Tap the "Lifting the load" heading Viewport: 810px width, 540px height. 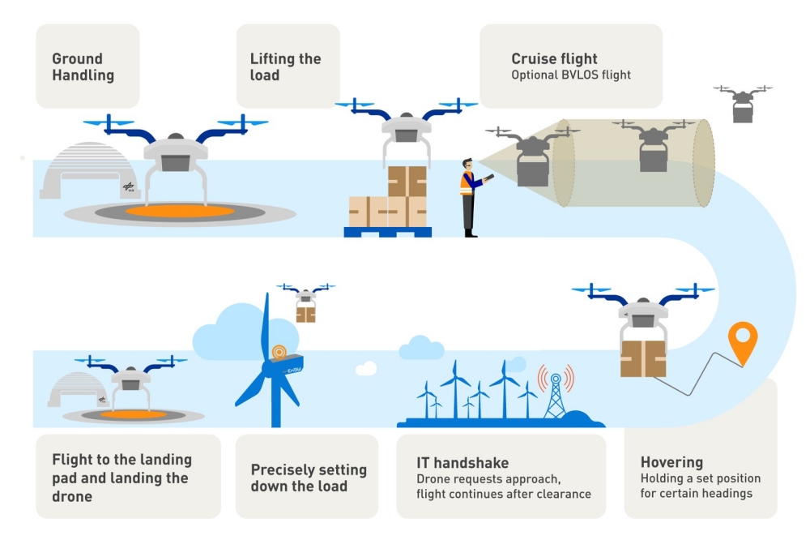click(x=285, y=67)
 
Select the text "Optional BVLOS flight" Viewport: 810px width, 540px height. click(x=570, y=75)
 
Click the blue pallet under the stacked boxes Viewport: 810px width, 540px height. click(x=387, y=232)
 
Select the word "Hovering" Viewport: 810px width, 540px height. click(x=671, y=462)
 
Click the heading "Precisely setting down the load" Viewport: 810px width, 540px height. click(x=308, y=478)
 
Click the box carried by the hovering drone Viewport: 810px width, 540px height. click(x=643, y=358)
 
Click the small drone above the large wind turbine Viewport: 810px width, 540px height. click(x=305, y=302)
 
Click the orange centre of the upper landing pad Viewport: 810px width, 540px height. click(x=181, y=211)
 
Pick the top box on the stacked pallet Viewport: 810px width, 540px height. click(x=407, y=181)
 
